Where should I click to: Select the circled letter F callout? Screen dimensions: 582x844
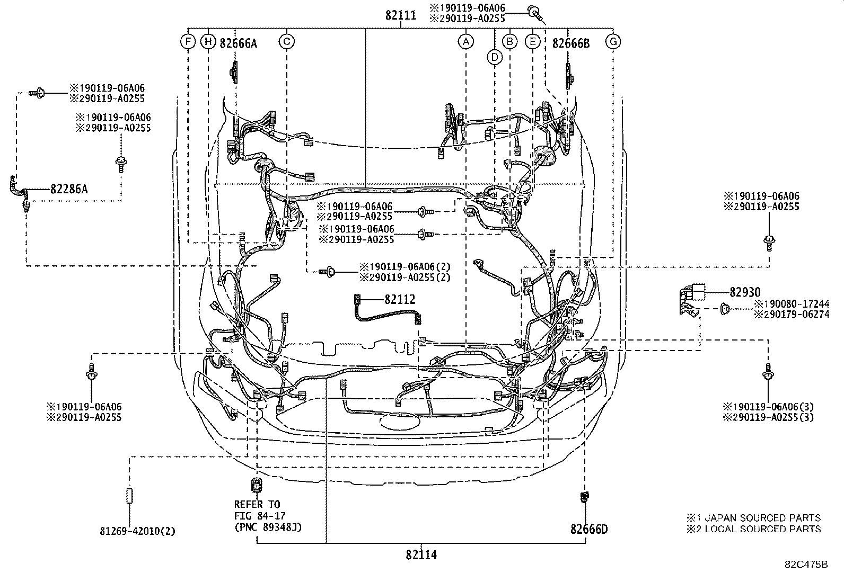pyautogui.click(x=188, y=41)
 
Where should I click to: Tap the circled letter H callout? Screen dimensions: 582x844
pyautogui.click(x=208, y=41)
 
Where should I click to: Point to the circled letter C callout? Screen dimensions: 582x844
pyautogui.click(x=286, y=41)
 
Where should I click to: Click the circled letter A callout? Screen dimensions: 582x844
pyautogui.click(x=465, y=41)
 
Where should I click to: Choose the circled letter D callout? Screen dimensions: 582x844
pyautogui.click(x=495, y=57)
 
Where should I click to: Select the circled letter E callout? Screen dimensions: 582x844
pyautogui.click(x=532, y=41)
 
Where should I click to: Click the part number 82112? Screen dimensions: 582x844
pyautogui.click(x=400, y=300)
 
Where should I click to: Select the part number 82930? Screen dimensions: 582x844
pyautogui.click(x=745, y=292)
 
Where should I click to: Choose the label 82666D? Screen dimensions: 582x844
pyautogui.click(x=589, y=529)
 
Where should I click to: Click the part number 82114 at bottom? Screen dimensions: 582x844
pyautogui.click(x=421, y=555)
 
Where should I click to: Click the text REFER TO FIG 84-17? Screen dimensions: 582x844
pyautogui.click(x=258, y=510)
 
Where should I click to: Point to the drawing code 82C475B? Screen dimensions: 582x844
pyautogui.click(x=806, y=564)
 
